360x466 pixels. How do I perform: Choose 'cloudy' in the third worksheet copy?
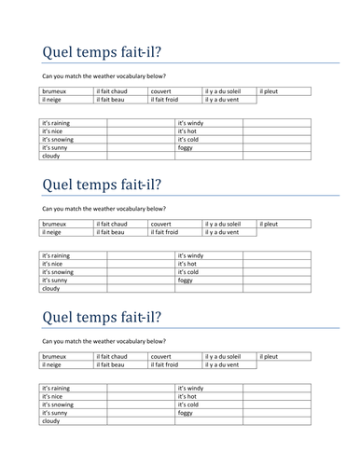[51, 421]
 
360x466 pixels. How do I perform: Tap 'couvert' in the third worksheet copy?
[160, 356]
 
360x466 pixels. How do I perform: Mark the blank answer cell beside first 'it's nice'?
[140, 131]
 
